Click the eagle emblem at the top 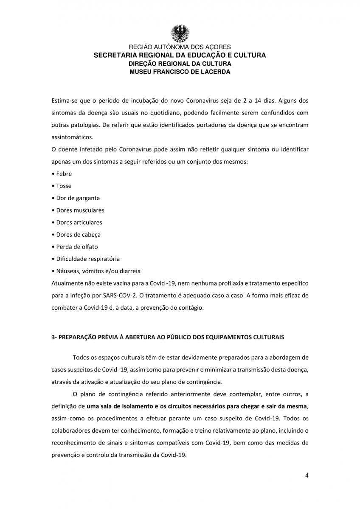[x=180, y=33]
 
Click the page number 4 [x=307, y=475]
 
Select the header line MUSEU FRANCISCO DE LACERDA [x=180, y=72]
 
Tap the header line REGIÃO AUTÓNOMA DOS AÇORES [x=180, y=47]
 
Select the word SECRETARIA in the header [x=115, y=56]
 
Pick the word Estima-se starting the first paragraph [x=64, y=101]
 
